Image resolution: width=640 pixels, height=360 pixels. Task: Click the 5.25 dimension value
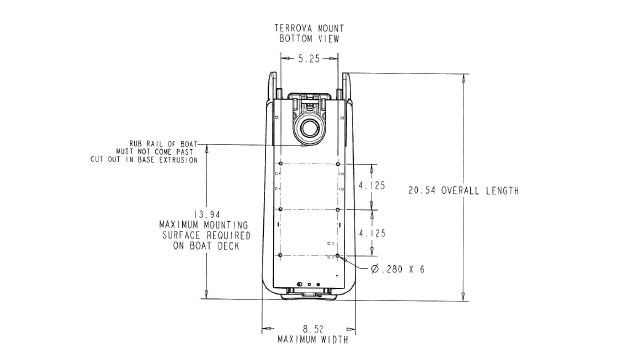[309, 59]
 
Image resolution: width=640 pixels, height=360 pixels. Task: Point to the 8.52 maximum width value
[313, 329]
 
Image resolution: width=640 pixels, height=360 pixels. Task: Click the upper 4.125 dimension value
[372, 185]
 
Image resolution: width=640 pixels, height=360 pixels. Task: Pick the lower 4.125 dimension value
[372, 233]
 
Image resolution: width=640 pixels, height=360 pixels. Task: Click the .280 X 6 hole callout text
[403, 269]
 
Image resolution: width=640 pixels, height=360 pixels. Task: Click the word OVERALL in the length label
[461, 191]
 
